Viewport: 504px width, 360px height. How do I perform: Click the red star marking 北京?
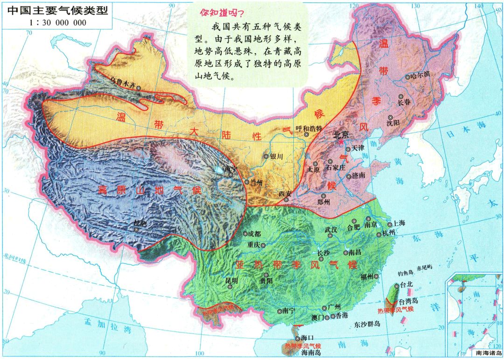click(x=342, y=141)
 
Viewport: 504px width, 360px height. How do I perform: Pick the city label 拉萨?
click(x=140, y=223)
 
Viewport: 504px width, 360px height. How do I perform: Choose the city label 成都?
click(x=255, y=233)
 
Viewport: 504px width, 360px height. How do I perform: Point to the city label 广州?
click(x=335, y=307)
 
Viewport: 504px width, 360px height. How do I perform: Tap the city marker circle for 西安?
click(x=286, y=200)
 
